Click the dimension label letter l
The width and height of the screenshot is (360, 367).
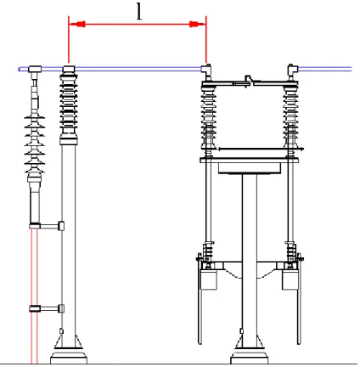click(139, 13)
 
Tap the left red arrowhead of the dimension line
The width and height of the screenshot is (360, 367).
click(77, 24)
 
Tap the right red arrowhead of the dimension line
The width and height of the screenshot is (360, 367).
click(198, 24)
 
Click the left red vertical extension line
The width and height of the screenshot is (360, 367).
click(69, 40)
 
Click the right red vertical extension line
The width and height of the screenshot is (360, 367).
click(206, 40)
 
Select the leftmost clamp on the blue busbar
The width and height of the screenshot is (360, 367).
click(35, 69)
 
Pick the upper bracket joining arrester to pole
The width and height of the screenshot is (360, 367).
click(47, 226)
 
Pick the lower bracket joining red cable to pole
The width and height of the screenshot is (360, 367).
click(47, 308)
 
